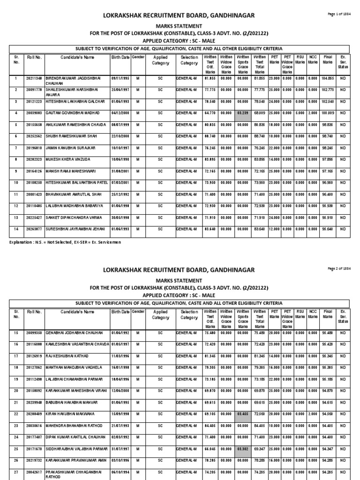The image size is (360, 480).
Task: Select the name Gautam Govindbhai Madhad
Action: [x=70, y=112]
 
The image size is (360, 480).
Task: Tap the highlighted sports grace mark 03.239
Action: [x=242, y=112]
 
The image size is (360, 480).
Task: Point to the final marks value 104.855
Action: [x=328, y=79]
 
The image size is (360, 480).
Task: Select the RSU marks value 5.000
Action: [x=300, y=112]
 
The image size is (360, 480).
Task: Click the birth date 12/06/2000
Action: [x=120, y=390]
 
